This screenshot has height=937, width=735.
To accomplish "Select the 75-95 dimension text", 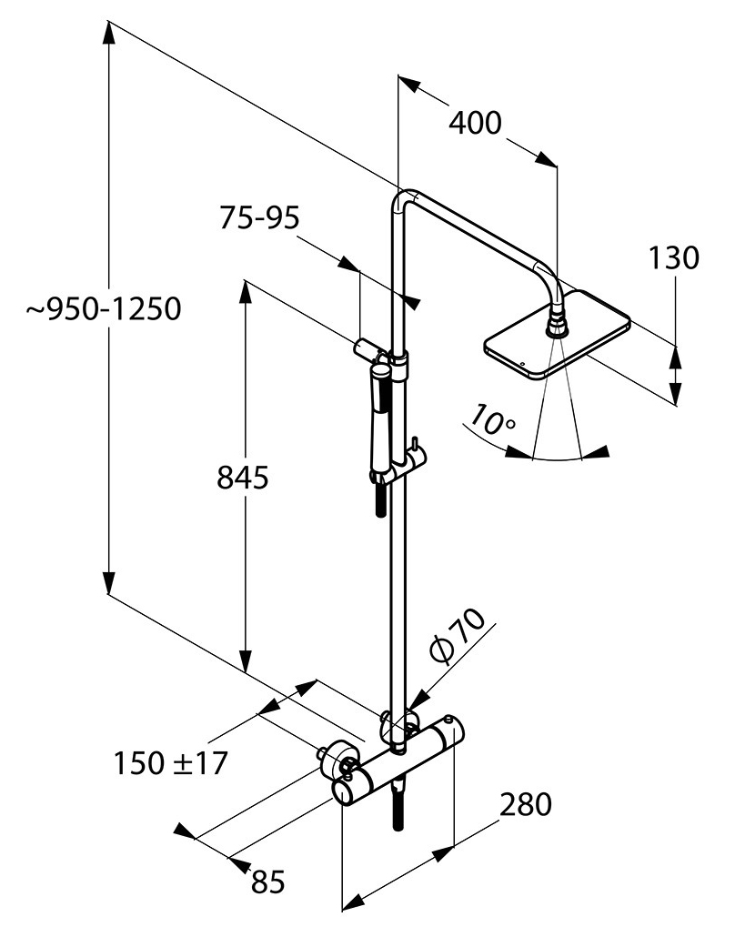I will click(x=259, y=218).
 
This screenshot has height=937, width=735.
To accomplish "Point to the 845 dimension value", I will click(x=242, y=477).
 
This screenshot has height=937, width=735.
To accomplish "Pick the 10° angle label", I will click(x=492, y=420).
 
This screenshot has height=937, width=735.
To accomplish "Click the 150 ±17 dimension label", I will click(x=170, y=762).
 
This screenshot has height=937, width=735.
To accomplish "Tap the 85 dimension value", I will click(x=267, y=881).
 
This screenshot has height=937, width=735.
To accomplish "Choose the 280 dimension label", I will click(x=525, y=804).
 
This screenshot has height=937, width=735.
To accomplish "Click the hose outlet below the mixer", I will click(x=398, y=805).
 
